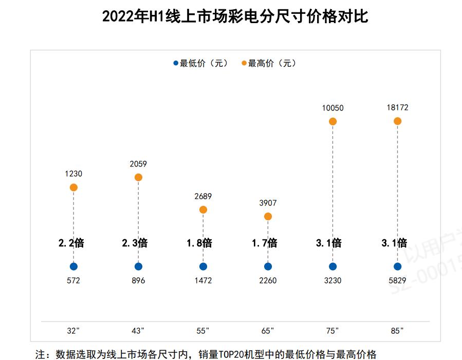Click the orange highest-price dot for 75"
[x=332, y=121]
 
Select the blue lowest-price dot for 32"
[x=73, y=267]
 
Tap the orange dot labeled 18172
[x=397, y=121]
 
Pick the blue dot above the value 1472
[x=203, y=267]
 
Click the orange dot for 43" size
[x=138, y=177]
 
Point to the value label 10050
[x=332, y=108]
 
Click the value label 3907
[x=268, y=203]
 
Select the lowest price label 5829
[x=397, y=281]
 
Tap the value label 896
[x=138, y=281]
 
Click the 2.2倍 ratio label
[x=71, y=243]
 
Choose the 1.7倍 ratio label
[x=265, y=243]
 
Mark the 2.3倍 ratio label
[x=135, y=243]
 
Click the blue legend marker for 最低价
[x=176, y=64]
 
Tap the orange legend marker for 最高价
[x=244, y=64]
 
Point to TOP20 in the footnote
[x=233, y=354]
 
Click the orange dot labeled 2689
[x=203, y=210]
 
